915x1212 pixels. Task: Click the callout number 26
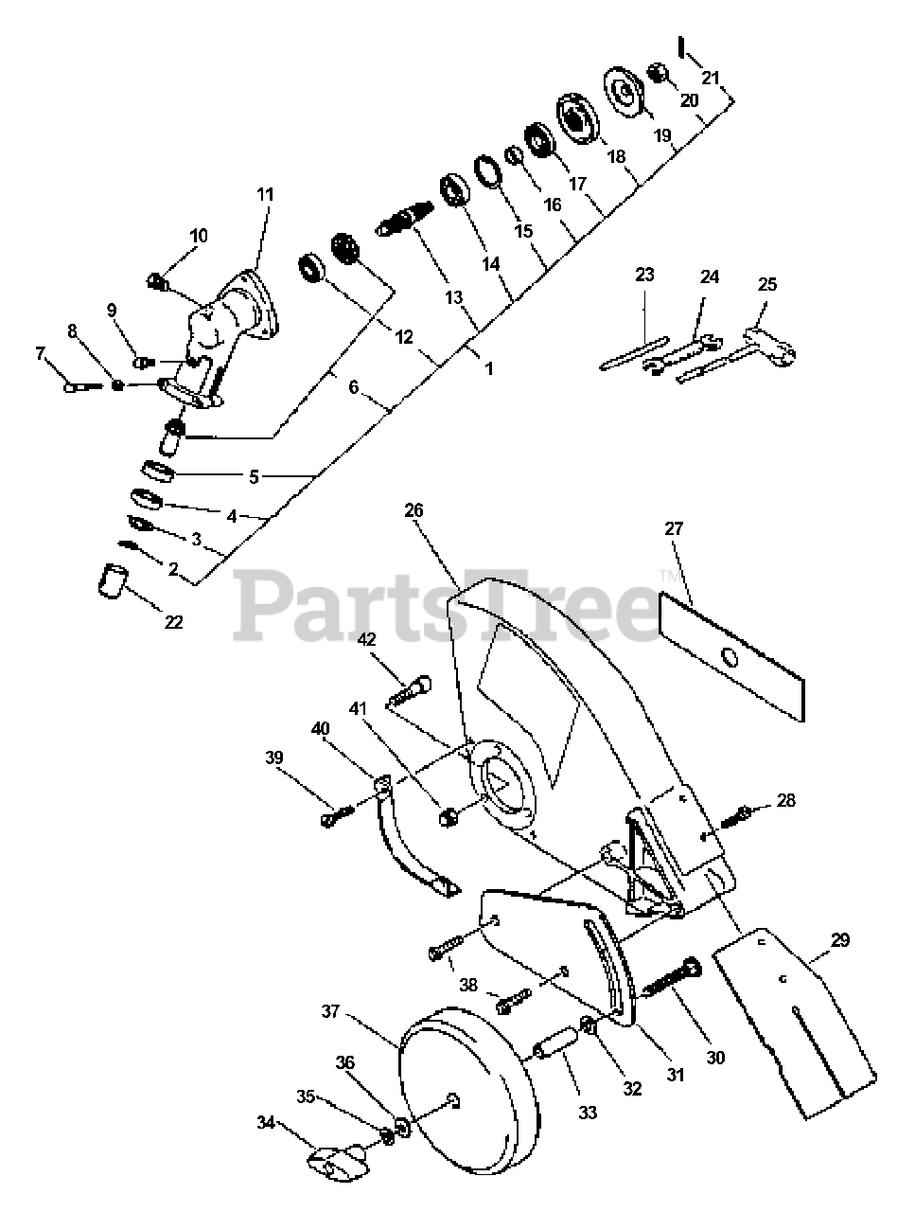click(414, 510)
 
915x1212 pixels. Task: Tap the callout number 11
click(265, 194)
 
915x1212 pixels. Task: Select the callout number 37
click(330, 1011)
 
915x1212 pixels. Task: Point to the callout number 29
click(839, 940)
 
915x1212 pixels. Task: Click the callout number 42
click(367, 639)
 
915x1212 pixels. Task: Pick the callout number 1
click(489, 368)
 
